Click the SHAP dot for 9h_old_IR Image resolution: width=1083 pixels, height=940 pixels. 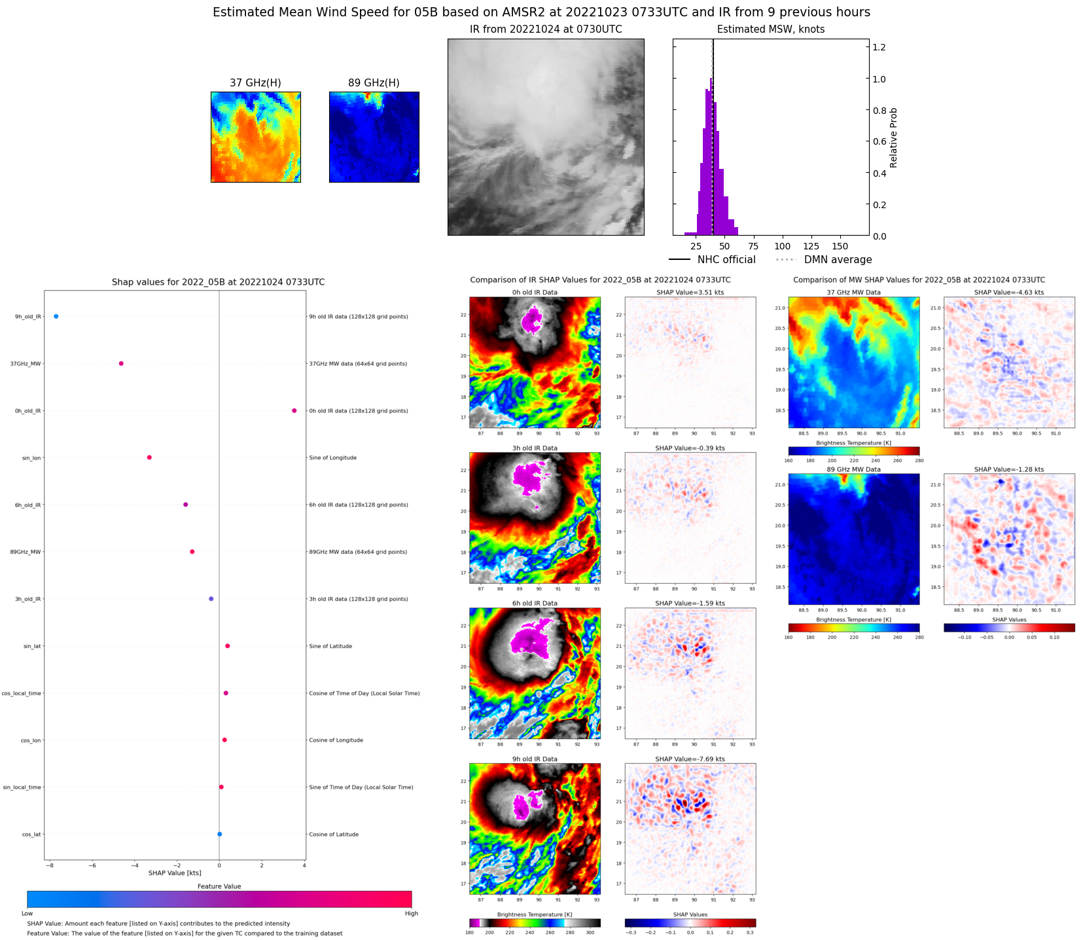coord(56,316)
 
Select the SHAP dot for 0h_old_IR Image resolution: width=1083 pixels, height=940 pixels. coord(294,410)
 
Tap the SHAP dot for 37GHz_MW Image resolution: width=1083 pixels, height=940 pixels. coord(121,363)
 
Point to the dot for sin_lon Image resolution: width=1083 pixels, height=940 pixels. coord(149,458)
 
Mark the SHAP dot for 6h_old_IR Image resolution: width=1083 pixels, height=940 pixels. coord(186,505)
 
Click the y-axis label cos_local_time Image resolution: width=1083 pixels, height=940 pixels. coord(22,693)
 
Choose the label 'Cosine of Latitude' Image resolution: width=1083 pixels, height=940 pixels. coord(334,835)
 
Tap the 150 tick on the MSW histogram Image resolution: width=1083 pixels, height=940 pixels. coord(840,247)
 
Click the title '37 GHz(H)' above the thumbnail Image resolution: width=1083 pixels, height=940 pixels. coord(255,83)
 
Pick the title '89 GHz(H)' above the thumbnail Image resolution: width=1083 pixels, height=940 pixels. coord(374,83)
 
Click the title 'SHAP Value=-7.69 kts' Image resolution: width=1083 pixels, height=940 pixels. coord(690,759)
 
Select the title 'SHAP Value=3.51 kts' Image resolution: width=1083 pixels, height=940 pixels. coord(690,293)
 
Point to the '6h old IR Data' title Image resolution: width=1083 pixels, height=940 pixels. coord(535,604)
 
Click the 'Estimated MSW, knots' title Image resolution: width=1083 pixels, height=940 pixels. coord(770,29)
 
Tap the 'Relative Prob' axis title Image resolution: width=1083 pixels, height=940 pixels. coord(893,137)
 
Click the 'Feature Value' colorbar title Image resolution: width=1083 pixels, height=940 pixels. coord(219,886)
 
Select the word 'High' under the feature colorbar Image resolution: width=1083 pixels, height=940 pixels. coord(411,913)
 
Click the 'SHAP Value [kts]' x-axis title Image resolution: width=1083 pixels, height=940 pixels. coord(175,873)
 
